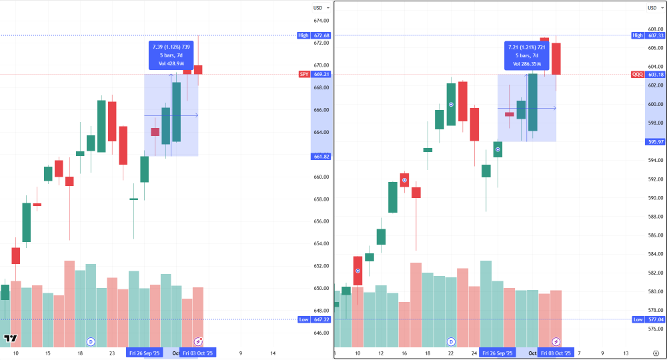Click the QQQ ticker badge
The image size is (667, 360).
(x=638, y=75)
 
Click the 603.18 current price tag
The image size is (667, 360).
(x=656, y=75)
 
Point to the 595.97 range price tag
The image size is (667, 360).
(x=656, y=141)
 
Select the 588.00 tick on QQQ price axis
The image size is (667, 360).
(x=656, y=217)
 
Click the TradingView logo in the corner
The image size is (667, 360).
(x=9, y=339)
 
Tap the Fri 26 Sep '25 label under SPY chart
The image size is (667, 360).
(x=145, y=353)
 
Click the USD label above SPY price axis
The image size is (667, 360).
(x=318, y=8)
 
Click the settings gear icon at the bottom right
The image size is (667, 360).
(x=656, y=353)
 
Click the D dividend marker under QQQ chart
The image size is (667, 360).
(x=452, y=341)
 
